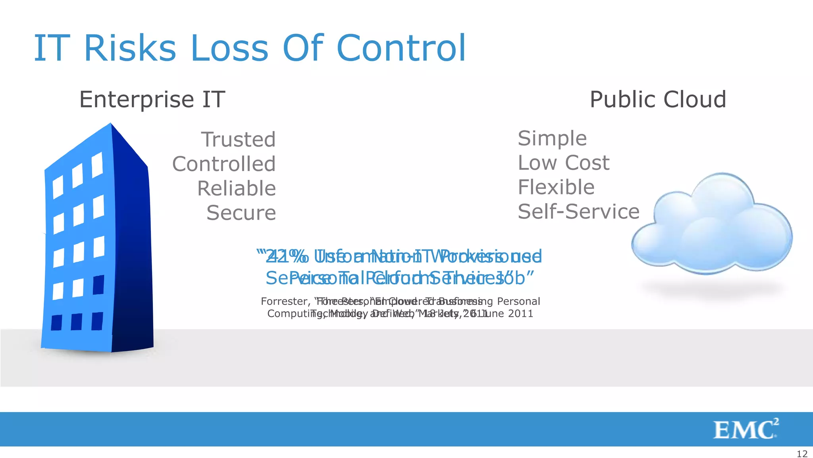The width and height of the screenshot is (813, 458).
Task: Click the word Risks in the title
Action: click(x=130, y=48)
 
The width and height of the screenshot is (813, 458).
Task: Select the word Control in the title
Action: click(x=401, y=48)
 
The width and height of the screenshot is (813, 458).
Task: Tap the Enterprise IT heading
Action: click(x=152, y=99)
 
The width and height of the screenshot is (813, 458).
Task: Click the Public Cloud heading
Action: click(x=658, y=99)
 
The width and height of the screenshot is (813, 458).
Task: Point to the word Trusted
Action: click(x=238, y=140)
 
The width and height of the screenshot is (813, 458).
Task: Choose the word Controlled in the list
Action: click(x=224, y=164)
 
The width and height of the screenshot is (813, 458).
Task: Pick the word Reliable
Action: click(x=237, y=188)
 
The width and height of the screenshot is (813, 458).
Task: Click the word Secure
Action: click(x=241, y=213)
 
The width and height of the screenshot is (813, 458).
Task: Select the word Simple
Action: click(x=552, y=138)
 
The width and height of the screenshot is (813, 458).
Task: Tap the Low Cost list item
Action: click(x=563, y=163)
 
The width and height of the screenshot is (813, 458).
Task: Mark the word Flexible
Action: click(x=556, y=187)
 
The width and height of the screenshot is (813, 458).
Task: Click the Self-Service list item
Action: click(x=578, y=212)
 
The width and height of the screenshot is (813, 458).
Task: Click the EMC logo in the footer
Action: click(x=745, y=429)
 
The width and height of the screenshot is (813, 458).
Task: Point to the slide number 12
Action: click(x=802, y=454)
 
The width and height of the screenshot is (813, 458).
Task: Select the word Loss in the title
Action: click(x=229, y=48)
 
